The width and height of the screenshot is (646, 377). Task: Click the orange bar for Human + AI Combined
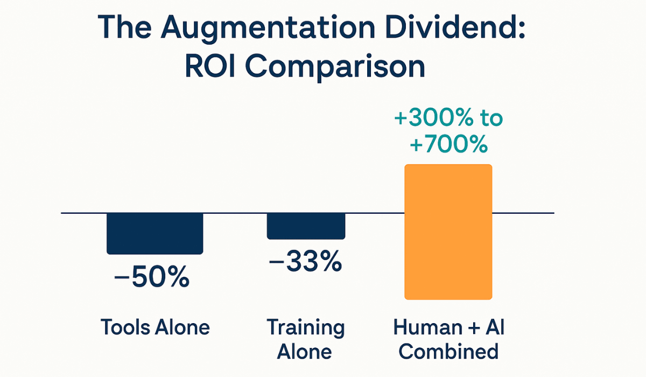[x=448, y=232]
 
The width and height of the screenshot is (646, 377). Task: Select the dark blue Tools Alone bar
[x=155, y=233]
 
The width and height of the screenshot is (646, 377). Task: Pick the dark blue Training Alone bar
[x=306, y=226]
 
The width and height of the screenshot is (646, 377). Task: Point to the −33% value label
[x=305, y=263]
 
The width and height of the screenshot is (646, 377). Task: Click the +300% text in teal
[x=434, y=118]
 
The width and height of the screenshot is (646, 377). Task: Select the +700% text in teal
[x=448, y=144]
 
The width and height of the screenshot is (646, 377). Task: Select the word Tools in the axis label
[x=125, y=327]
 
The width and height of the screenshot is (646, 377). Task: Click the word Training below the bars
[x=306, y=327]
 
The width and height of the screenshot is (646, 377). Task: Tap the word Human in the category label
[x=427, y=327]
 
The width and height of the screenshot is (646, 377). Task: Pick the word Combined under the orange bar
[x=450, y=352]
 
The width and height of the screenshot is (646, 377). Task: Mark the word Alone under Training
[x=305, y=352]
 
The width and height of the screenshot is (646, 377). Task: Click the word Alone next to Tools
[x=182, y=327]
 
